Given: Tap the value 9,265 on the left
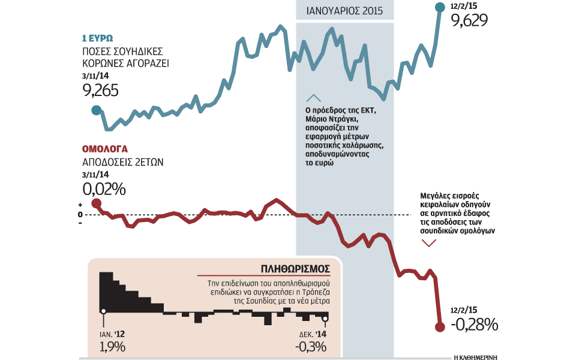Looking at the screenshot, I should tap(100, 90).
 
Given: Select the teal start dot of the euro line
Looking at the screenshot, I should tap(96, 110).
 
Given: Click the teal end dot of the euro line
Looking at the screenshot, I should tap(442, 7).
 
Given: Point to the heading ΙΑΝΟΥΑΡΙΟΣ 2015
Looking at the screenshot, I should tap(345, 11).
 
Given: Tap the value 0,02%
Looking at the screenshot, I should tap(104, 189).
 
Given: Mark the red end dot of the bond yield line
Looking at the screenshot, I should tap(439, 327).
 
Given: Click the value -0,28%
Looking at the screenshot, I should tap(474, 325).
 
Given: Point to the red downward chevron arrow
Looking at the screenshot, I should tap(428, 242).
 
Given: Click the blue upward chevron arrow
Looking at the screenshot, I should tap(313, 98).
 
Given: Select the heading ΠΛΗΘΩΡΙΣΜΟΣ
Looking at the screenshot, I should tap(297, 268).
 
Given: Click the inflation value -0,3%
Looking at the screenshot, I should tap(310, 346).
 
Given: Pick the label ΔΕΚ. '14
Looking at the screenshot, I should tap(312, 333).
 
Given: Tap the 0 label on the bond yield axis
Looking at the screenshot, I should tap(80, 214).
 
